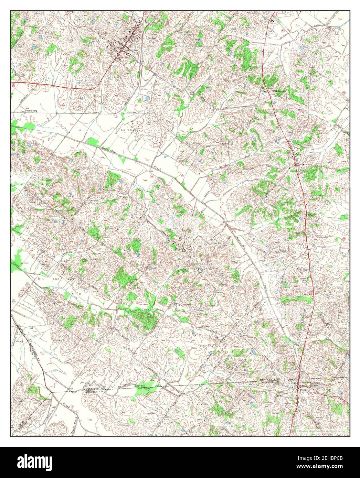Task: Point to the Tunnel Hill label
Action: pos(299,233)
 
